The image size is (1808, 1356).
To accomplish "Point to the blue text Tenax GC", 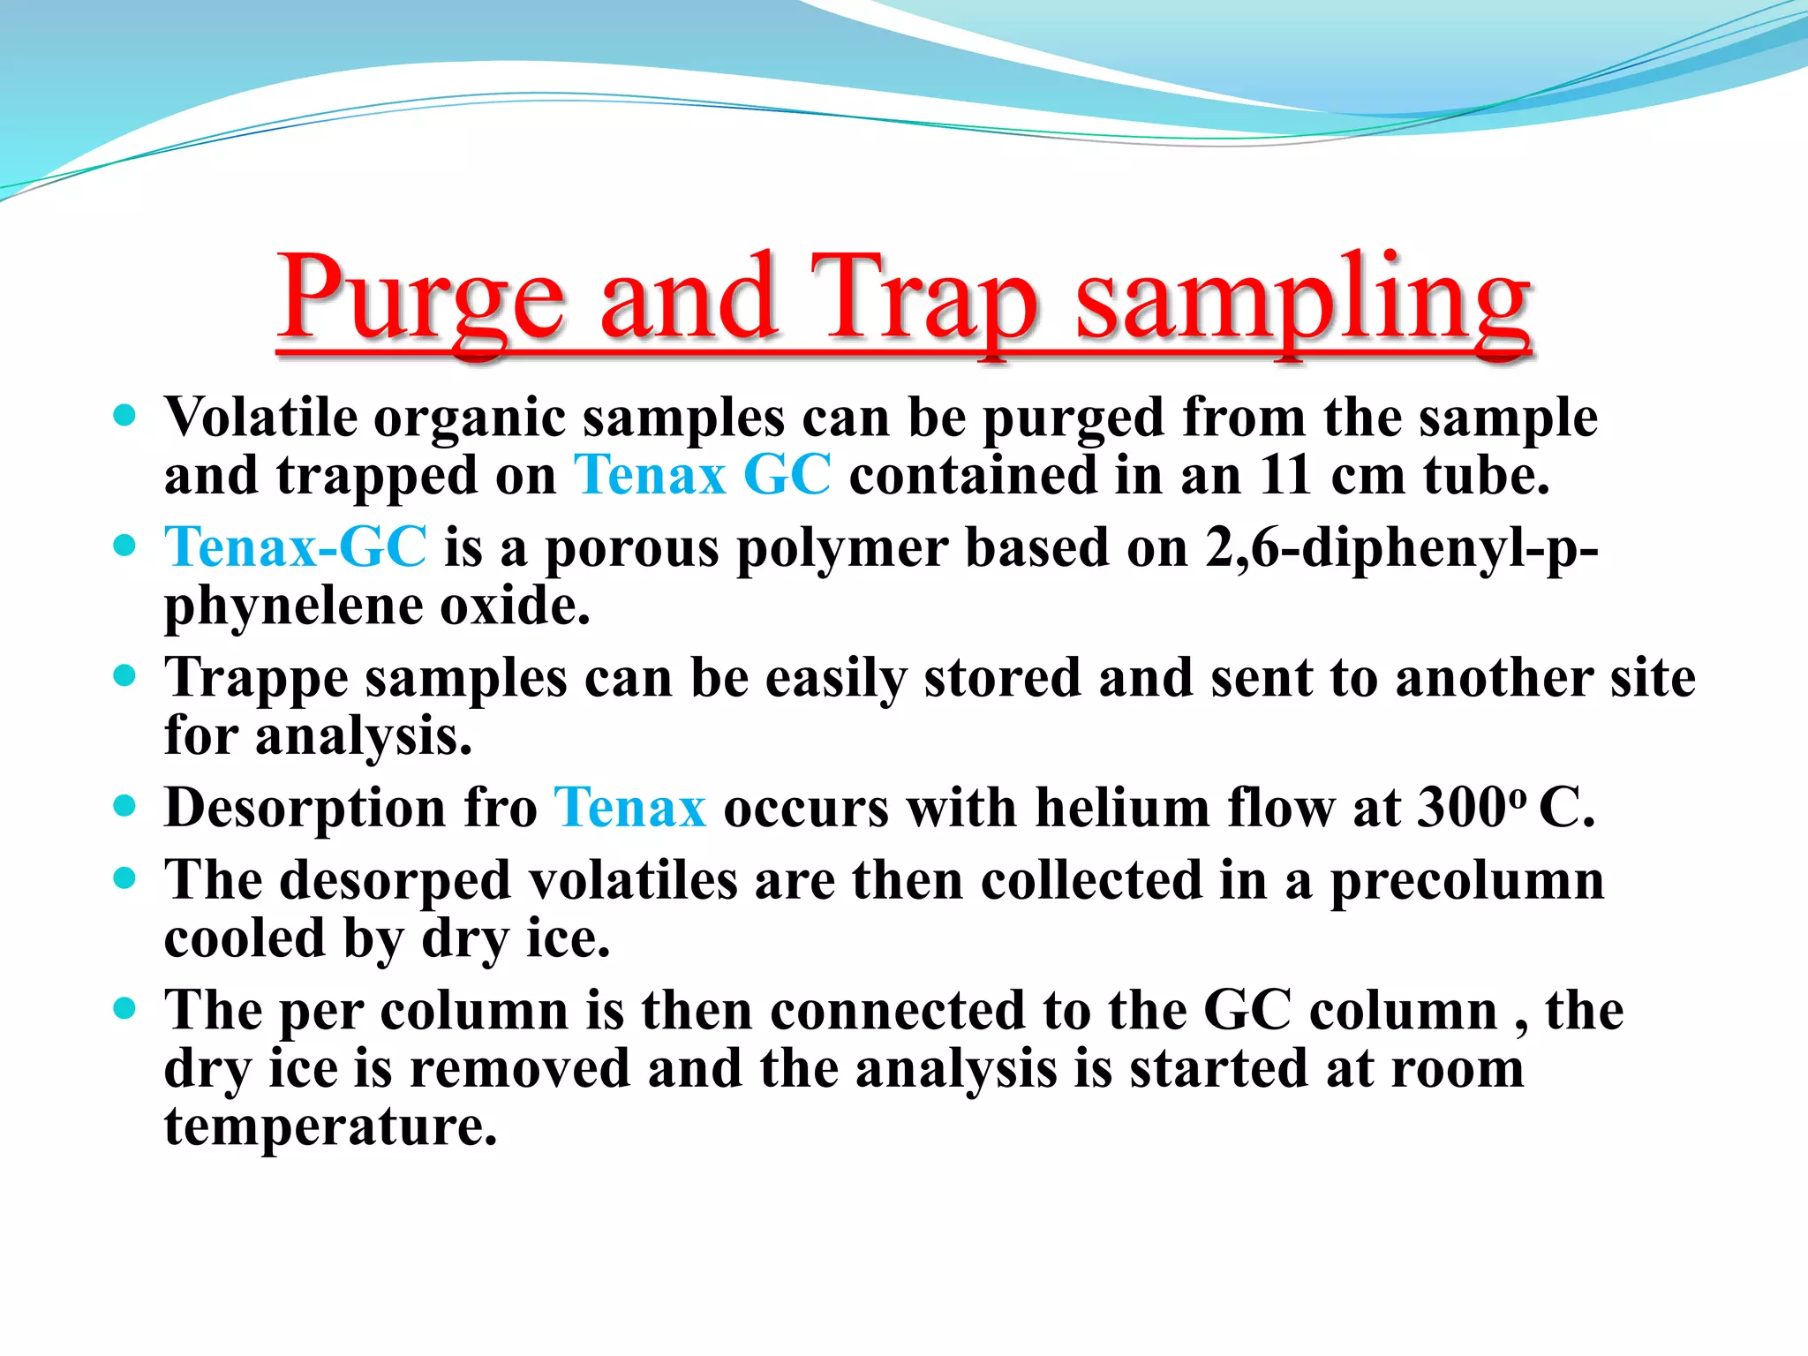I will click(x=702, y=476).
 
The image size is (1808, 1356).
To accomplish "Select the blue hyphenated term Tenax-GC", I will click(x=296, y=547).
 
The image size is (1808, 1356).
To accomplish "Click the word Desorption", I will click(x=305, y=809).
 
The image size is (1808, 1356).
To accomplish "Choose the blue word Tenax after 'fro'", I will click(x=629, y=808).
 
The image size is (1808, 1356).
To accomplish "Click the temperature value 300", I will click(x=1461, y=808).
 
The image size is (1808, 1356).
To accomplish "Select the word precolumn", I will click(x=1467, y=881).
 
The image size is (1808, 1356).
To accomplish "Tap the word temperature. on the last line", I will click(x=331, y=1126).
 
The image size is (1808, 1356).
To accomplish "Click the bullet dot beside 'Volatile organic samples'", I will click(x=125, y=415).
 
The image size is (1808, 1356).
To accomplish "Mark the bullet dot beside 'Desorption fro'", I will click(x=125, y=806).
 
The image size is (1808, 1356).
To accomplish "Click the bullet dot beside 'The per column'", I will click(x=125, y=1008).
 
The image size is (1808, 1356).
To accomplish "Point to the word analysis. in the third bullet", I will click(x=364, y=736).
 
